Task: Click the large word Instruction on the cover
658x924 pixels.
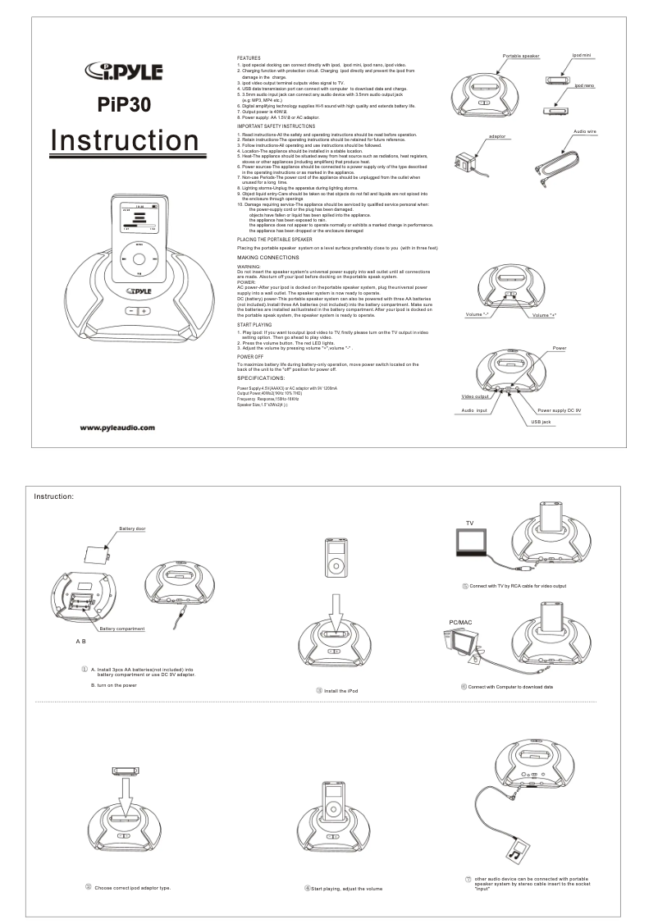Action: (124, 140)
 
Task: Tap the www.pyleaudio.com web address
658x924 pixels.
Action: (118, 427)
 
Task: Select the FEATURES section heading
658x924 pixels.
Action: (249, 59)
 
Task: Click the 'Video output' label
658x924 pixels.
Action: (476, 396)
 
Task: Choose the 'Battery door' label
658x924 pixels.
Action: (132, 529)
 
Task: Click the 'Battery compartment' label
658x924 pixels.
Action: (122, 629)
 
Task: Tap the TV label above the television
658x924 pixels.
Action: (470, 522)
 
